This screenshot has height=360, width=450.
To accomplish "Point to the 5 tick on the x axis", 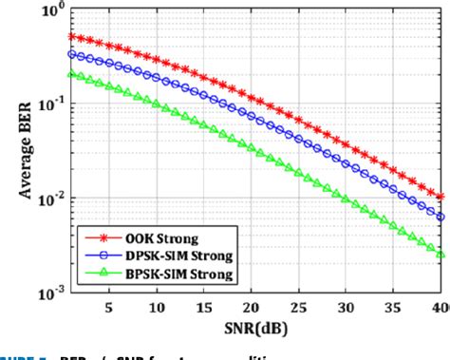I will point(108,308).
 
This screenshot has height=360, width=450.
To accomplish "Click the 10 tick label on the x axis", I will point(156,308).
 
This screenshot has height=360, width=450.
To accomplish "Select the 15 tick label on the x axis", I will point(203,308).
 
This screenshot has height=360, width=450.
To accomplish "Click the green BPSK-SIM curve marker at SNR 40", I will point(440,255).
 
